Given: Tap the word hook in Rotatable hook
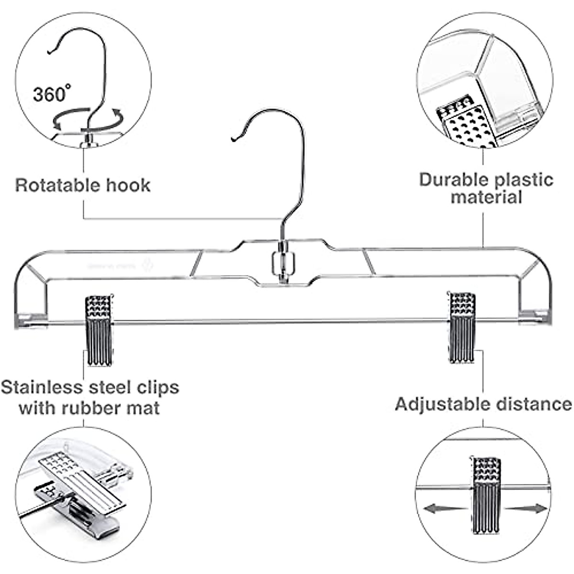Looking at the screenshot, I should point(128,185).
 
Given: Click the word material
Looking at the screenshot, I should point(486,197).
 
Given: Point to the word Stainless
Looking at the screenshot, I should point(43,387).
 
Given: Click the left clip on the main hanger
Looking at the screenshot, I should point(99,330).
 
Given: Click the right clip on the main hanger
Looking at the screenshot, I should point(462,327).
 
